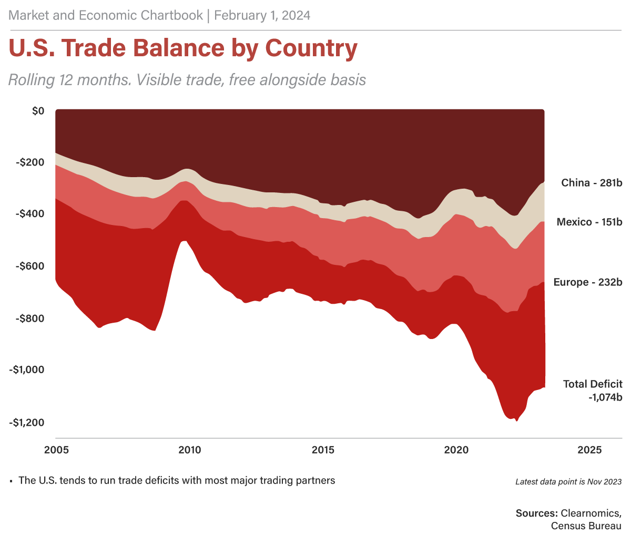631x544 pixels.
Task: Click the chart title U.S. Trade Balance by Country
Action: pyautogui.click(x=183, y=48)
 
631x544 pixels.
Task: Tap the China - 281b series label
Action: pyautogui.click(x=592, y=183)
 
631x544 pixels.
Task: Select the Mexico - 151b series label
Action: pyautogui.click(x=589, y=222)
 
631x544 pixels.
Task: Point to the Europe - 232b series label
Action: pyautogui.click(x=588, y=283)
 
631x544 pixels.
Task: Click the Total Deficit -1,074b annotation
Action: pyautogui.click(x=593, y=391)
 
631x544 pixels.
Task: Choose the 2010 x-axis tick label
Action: pyautogui.click(x=189, y=450)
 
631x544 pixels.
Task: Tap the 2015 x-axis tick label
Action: pyautogui.click(x=323, y=450)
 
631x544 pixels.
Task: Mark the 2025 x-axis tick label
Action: pyautogui.click(x=590, y=450)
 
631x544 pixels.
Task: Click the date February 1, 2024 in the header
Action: pyautogui.click(x=262, y=16)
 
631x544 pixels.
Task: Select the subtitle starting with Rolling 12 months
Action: pyautogui.click(x=187, y=80)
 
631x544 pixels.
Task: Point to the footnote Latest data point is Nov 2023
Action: pyautogui.click(x=568, y=481)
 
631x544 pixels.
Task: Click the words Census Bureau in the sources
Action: pyautogui.click(x=586, y=526)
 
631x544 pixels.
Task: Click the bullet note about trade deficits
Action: pyautogui.click(x=176, y=480)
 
